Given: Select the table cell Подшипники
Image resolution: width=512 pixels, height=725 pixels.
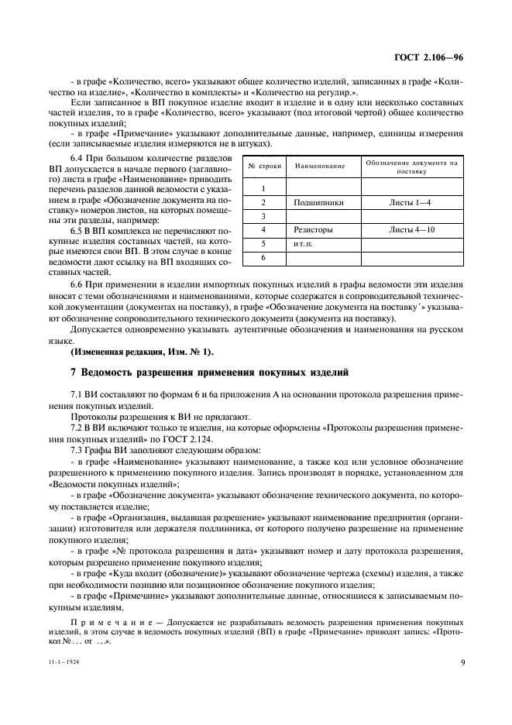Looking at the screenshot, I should click(x=318, y=202).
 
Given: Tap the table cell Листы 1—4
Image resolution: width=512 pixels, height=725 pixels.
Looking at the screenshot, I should click(x=411, y=202).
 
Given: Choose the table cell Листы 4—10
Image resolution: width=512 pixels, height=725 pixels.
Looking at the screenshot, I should click(x=411, y=230).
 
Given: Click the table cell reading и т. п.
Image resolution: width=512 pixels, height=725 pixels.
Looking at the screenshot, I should click(x=303, y=243).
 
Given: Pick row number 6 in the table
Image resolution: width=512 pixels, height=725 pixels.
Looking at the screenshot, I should click(x=263, y=257).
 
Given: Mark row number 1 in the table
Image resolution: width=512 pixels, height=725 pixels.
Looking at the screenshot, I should click(x=263, y=188).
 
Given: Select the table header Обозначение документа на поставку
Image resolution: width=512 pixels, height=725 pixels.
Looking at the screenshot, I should click(x=411, y=167).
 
